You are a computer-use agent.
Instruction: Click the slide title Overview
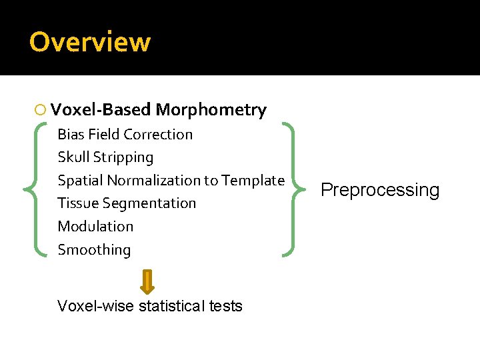coord(90,42)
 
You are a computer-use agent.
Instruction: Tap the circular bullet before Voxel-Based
coord(41,110)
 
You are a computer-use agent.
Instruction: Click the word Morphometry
coord(211,110)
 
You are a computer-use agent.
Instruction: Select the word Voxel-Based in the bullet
coord(101,110)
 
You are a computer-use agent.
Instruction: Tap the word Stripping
coord(124,157)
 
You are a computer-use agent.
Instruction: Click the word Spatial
coord(81,180)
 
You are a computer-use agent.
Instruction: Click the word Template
coord(253,180)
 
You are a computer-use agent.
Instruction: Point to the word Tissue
coord(76,203)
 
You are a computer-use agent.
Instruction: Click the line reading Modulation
coord(95,227)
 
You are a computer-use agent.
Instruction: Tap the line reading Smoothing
coord(94,250)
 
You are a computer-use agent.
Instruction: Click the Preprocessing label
coord(380,190)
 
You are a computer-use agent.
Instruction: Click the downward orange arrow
coord(147,281)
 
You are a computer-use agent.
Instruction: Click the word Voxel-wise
coord(95,307)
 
